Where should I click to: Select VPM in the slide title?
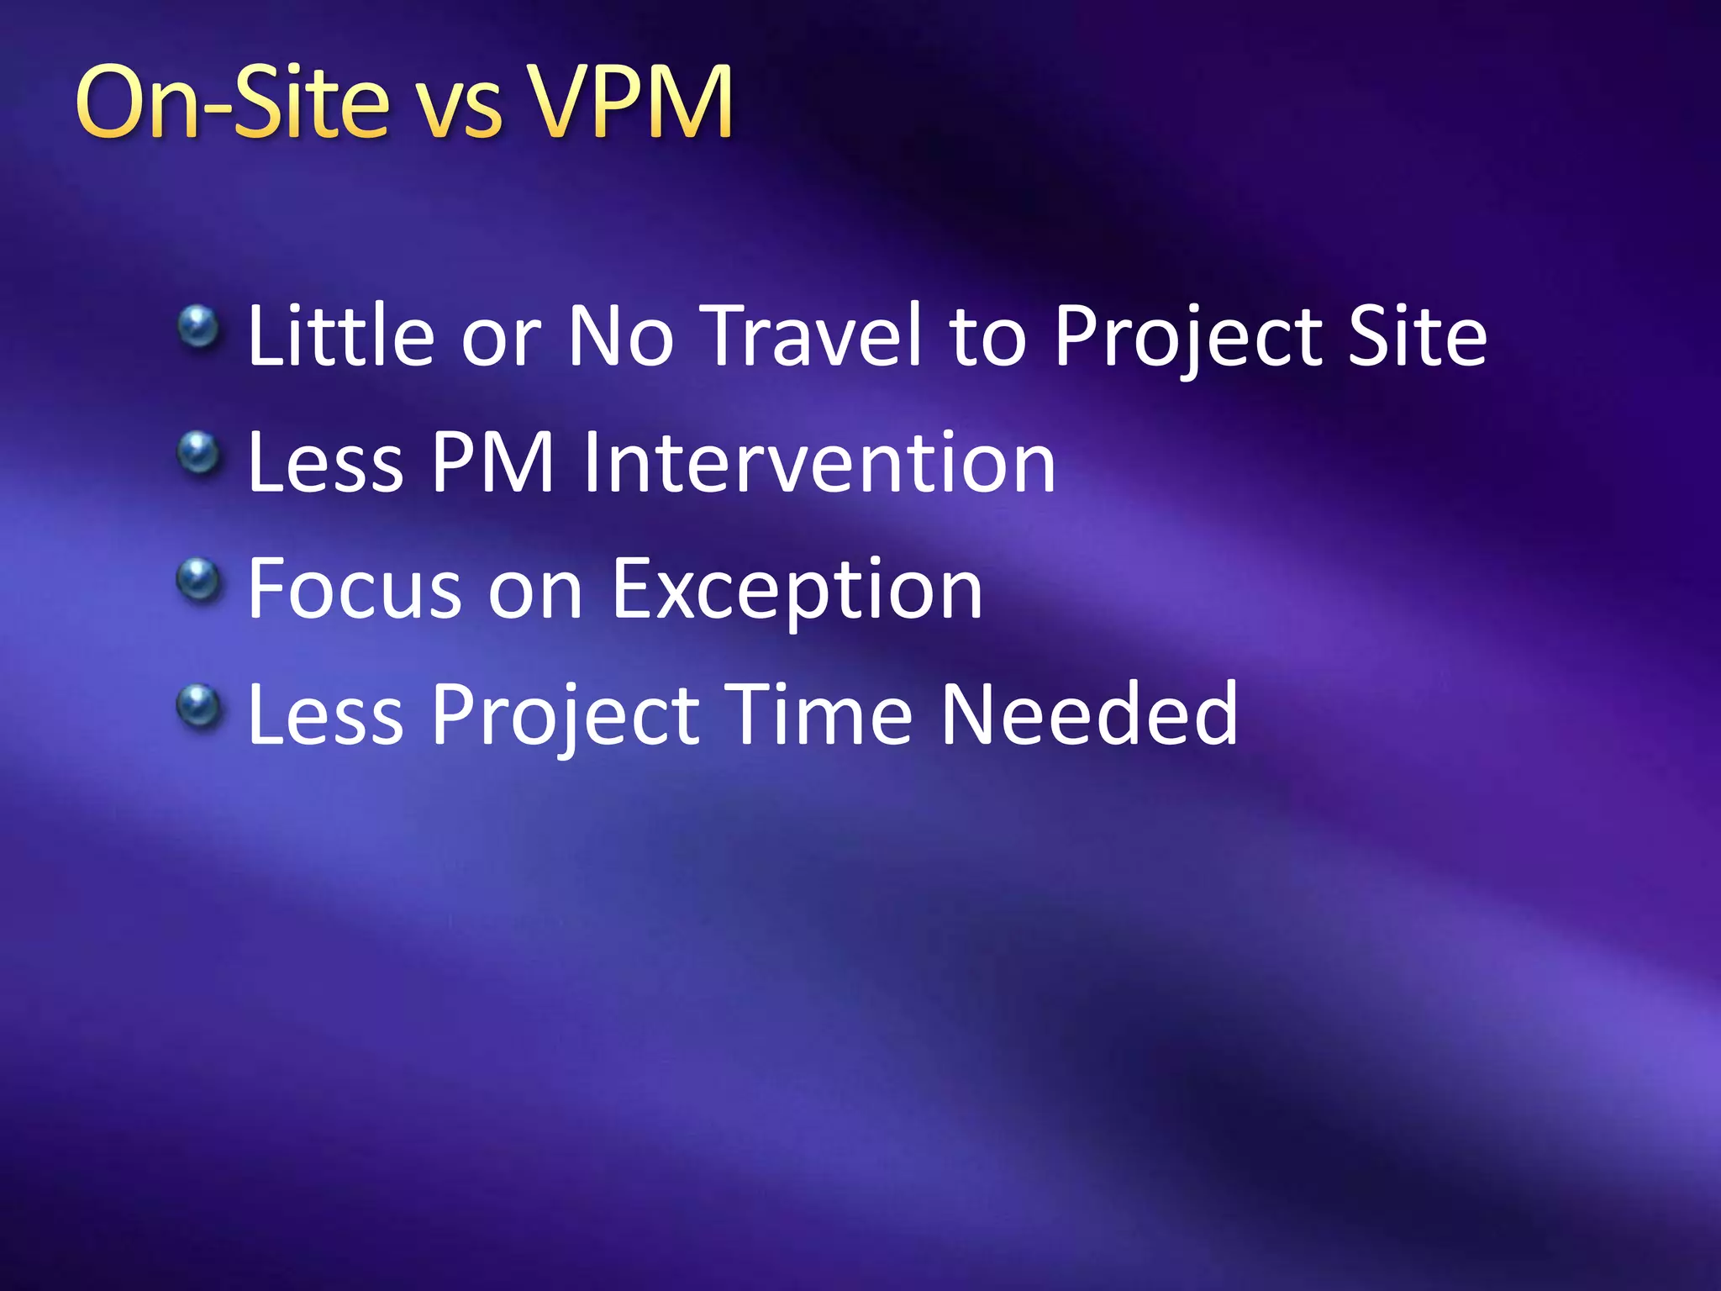(x=630, y=103)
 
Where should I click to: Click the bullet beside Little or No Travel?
(x=198, y=327)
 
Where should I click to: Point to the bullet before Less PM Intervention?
(x=198, y=453)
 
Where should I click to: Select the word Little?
(x=340, y=336)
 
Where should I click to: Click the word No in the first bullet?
(x=620, y=336)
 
